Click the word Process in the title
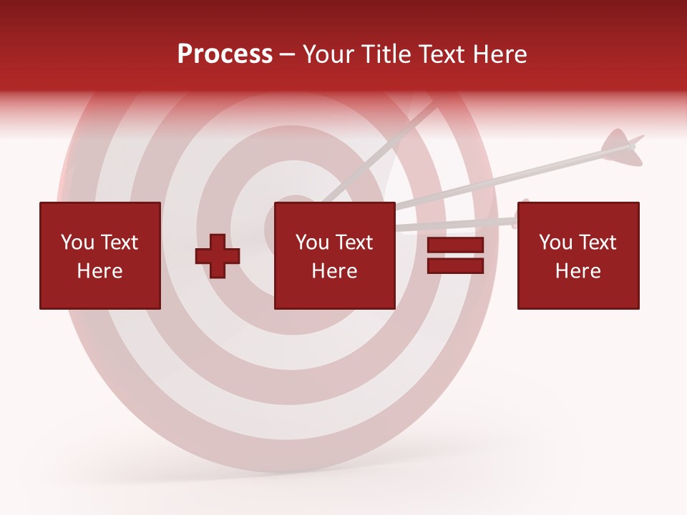pos(225,54)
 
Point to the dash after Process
pos(287,55)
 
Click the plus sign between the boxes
pos(218,256)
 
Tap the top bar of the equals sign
pos(455,245)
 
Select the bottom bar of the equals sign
pos(455,266)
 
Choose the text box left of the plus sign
pos(99,255)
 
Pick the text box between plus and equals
pos(334,255)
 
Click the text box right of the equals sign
pos(578,255)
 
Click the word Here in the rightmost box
pos(578,271)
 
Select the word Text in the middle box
pos(354,242)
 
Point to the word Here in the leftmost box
pos(99,271)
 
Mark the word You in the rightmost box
pos(555,242)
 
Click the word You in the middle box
pos(312,242)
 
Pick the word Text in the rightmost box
pos(598,242)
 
